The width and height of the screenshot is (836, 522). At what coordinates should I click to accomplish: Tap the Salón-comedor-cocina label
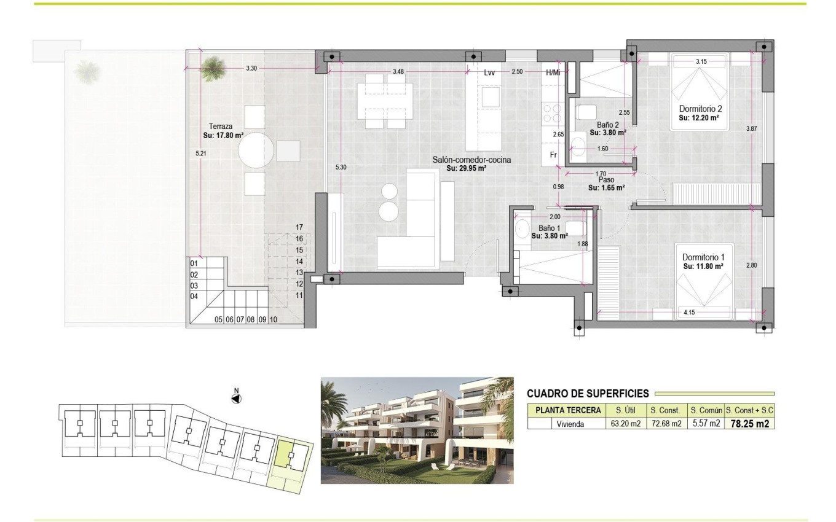471,160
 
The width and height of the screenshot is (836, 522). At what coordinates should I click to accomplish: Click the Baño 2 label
608,124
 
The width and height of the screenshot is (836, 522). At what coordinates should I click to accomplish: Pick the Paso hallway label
607,180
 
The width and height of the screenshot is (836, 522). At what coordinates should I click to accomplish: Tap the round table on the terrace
256,150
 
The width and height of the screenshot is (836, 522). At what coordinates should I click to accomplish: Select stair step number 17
299,227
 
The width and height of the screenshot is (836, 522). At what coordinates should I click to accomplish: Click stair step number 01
194,263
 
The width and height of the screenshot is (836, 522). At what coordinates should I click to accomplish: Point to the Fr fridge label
553,155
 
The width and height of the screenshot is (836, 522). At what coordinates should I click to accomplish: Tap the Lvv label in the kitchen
489,72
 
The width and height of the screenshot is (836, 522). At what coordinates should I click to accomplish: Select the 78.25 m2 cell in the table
749,423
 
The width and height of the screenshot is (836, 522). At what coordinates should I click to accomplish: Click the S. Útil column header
621,410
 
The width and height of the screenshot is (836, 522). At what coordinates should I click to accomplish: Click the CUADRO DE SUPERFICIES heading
588,394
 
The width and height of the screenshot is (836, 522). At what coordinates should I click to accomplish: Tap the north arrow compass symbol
236,399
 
